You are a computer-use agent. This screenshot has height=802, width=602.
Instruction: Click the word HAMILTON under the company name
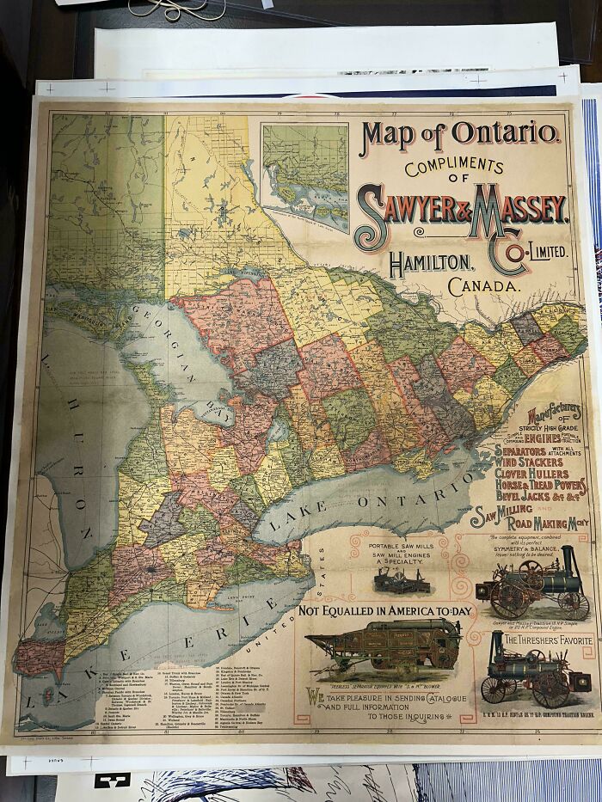[x=429, y=261]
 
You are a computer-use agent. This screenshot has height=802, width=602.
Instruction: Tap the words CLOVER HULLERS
[x=543, y=473]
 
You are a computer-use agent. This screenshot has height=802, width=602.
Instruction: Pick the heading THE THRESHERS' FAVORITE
[x=548, y=641]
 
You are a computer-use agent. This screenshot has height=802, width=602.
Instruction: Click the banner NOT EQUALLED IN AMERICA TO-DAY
[x=385, y=611]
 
